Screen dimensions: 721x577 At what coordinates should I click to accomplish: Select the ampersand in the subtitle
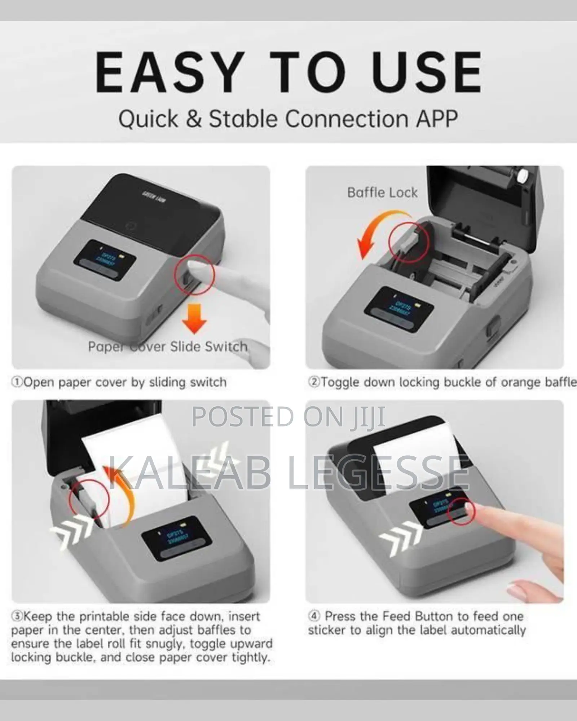click(x=194, y=119)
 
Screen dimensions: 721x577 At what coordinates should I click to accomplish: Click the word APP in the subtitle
click(x=437, y=119)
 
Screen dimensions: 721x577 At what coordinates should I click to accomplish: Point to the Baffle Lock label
click(x=382, y=193)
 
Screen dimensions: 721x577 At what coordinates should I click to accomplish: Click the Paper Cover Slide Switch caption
click(x=168, y=347)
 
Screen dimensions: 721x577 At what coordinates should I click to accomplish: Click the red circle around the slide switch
click(x=194, y=275)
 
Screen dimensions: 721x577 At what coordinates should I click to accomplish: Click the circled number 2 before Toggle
click(x=313, y=382)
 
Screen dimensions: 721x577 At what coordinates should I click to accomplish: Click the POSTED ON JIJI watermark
click(x=288, y=417)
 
